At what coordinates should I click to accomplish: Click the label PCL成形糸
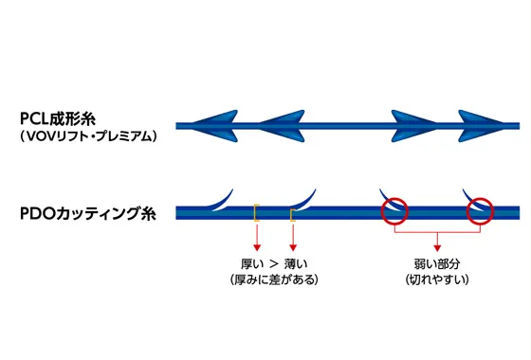(64, 118)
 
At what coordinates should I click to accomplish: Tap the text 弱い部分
(435, 261)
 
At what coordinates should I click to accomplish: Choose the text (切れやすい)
(435, 279)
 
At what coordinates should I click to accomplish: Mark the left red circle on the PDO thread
(394, 211)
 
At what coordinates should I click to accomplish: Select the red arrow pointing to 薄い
(294, 238)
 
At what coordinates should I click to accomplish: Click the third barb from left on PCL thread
(412, 124)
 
